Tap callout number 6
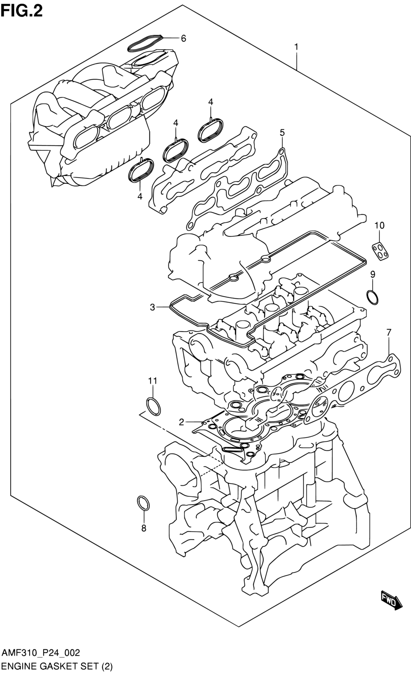click(x=183, y=38)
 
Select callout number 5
click(x=282, y=132)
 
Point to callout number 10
click(x=380, y=225)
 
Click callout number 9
click(x=373, y=274)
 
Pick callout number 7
click(x=389, y=333)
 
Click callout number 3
click(x=153, y=307)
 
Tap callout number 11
click(x=153, y=381)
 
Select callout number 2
click(x=181, y=422)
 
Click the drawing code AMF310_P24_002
click(x=41, y=653)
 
